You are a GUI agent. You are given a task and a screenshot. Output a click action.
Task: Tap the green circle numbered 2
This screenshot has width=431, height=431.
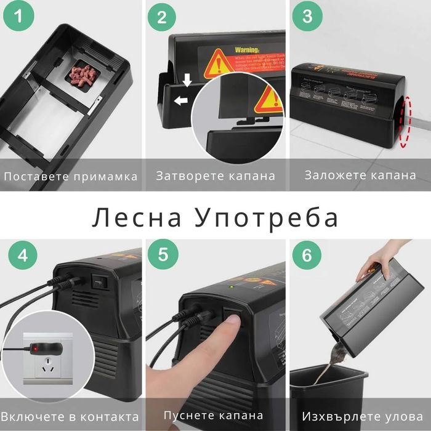click(x=162, y=17)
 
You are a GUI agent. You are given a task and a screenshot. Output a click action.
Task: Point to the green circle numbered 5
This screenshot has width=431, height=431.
click(x=162, y=255)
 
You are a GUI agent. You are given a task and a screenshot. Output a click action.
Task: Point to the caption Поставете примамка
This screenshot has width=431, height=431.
click(x=71, y=176)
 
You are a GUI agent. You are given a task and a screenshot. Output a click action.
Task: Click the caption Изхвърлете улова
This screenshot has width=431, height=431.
click(x=360, y=415)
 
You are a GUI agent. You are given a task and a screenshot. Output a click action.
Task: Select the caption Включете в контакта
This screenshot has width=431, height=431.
click(x=71, y=415)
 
